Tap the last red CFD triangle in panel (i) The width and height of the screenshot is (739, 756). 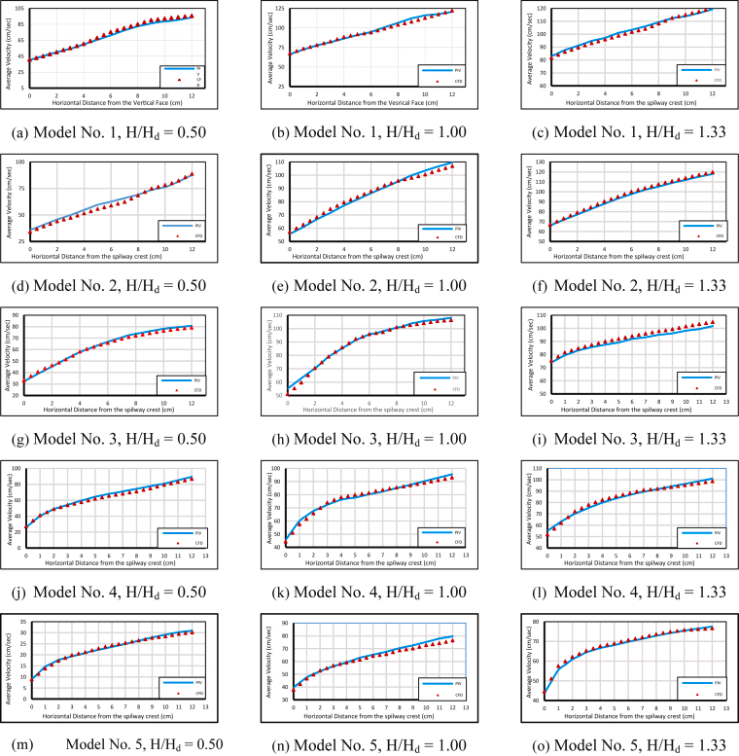pyautogui.click(x=713, y=322)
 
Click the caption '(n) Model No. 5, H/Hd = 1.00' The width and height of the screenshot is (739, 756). pyautogui.click(x=372, y=744)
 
